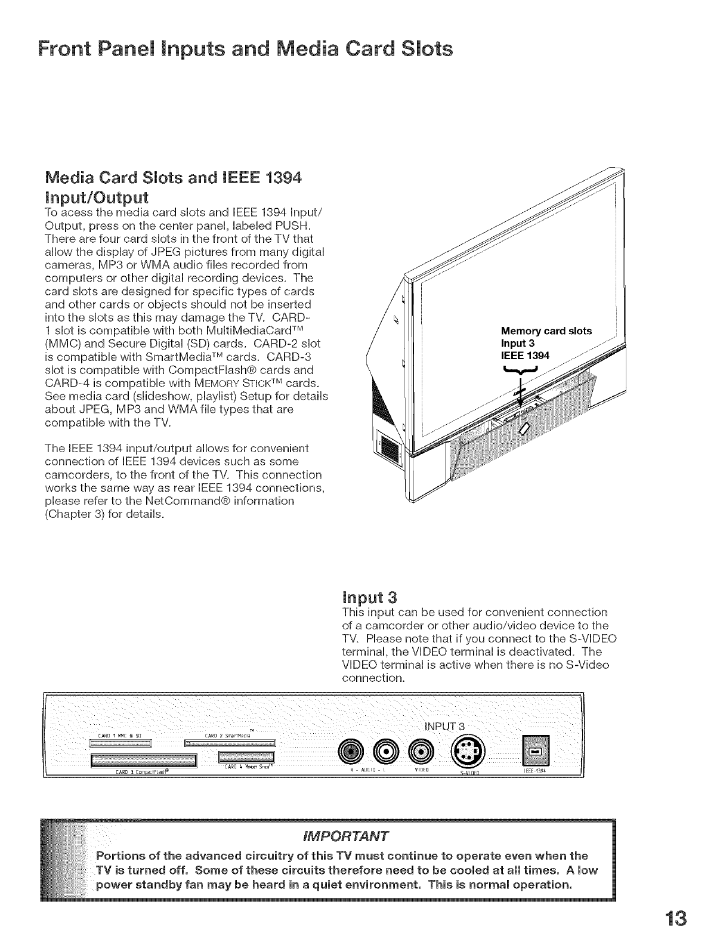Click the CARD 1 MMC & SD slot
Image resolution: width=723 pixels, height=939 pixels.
coord(121,743)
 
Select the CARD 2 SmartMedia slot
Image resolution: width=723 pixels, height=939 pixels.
coord(231,743)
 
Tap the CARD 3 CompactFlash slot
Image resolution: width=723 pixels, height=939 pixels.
coord(143,760)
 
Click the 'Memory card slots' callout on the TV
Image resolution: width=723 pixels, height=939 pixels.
coord(546,331)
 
